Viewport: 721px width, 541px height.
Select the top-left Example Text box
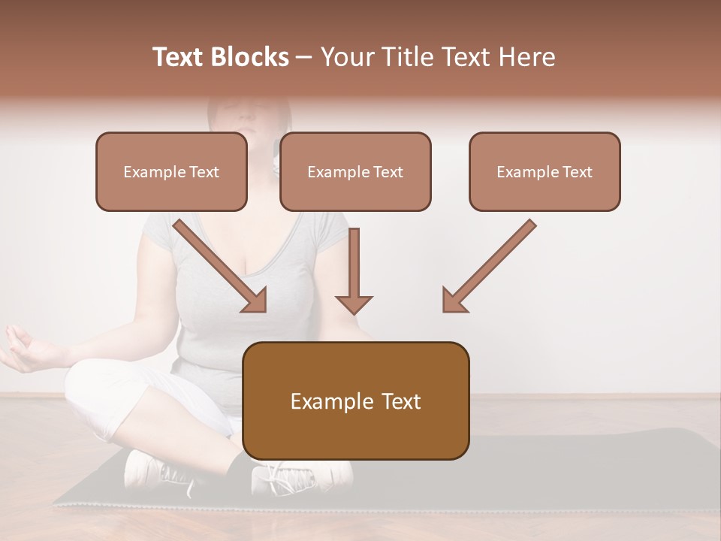pyautogui.click(x=171, y=172)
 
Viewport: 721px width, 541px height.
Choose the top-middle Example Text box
pyautogui.click(x=355, y=172)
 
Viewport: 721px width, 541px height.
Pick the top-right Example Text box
pyautogui.click(x=545, y=172)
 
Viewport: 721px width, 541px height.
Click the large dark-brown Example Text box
pyautogui.click(x=356, y=401)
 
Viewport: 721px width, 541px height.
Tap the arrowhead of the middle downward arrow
pyautogui.click(x=354, y=303)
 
